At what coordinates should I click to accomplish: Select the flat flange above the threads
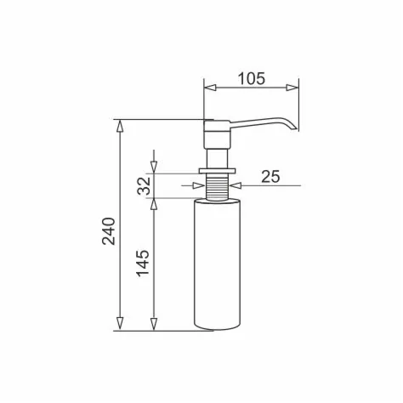click(x=219, y=171)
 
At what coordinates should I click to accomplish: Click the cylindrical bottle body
click(x=219, y=264)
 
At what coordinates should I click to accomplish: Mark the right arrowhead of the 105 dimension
click(x=295, y=87)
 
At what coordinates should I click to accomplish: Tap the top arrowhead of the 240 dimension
click(x=121, y=125)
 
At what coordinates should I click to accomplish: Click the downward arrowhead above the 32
click(x=153, y=167)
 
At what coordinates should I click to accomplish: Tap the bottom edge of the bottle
click(x=219, y=329)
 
